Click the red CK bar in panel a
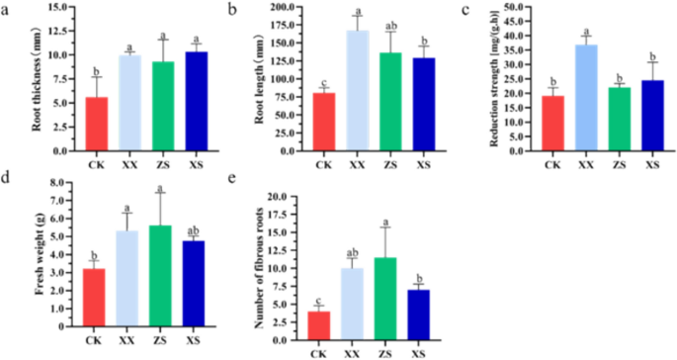click(x=68, y=124)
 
